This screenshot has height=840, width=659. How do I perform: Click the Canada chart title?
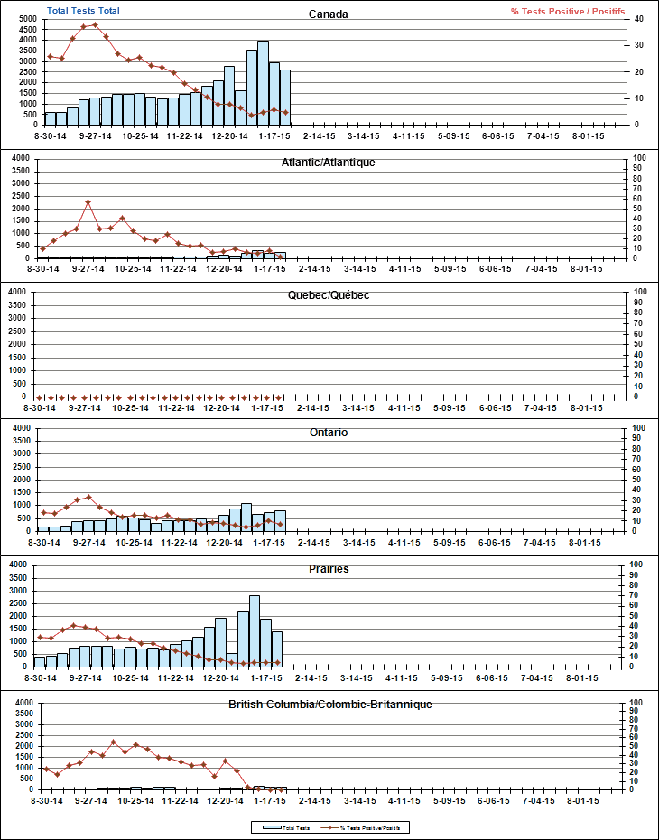[x=329, y=14]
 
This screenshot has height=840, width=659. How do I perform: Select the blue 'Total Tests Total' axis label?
[x=83, y=11]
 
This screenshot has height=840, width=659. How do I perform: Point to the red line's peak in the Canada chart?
[x=95, y=24]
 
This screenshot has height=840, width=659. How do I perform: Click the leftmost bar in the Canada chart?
[x=51, y=118]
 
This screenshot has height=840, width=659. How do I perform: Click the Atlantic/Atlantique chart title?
[x=329, y=163]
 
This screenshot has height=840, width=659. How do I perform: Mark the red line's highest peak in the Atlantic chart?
[x=88, y=201]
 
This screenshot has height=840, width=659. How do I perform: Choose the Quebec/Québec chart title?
[x=329, y=295]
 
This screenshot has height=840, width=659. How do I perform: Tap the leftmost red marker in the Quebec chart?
[x=40, y=397]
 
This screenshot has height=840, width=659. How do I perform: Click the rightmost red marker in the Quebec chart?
[x=279, y=397]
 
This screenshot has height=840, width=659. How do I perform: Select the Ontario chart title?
[x=329, y=433]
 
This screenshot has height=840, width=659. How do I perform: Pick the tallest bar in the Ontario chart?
[x=246, y=518]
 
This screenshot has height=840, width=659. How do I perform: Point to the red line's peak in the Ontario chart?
[x=88, y=496]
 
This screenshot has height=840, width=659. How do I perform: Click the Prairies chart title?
[x=329, y=569]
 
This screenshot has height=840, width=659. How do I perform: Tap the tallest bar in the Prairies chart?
[x=255, y=630]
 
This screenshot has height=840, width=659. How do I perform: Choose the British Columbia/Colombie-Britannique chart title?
[x=329, y=704]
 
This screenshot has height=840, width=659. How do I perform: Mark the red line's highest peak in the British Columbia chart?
[x=114, y=742]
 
